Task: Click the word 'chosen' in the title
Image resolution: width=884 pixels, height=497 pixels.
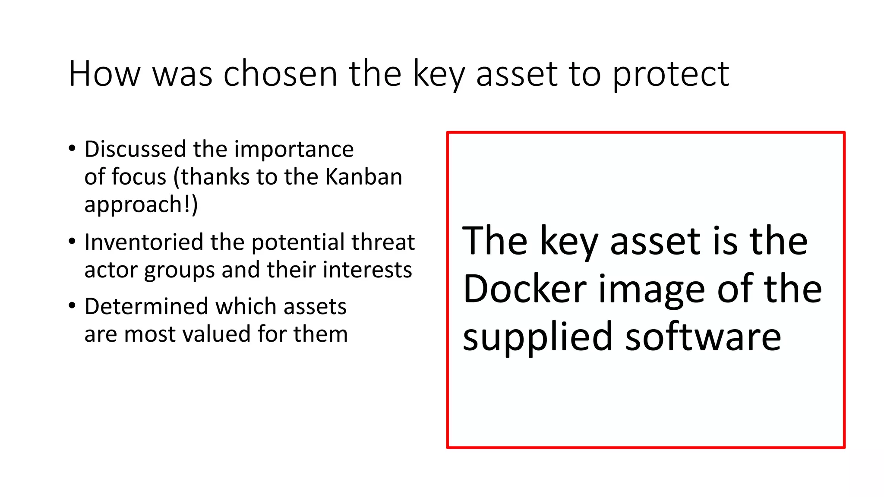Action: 280,74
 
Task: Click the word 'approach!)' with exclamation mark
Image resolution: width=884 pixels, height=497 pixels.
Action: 141,205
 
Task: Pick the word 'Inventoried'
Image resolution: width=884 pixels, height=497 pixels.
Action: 143,242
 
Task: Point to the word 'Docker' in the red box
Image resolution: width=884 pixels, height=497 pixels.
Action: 524,289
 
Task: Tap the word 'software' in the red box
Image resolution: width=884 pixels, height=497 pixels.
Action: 703,337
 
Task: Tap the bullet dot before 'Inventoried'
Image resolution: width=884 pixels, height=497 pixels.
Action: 72,242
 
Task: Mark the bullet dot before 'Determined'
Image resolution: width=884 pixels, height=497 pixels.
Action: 72,306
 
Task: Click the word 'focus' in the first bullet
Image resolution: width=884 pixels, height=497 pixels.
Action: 139,177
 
